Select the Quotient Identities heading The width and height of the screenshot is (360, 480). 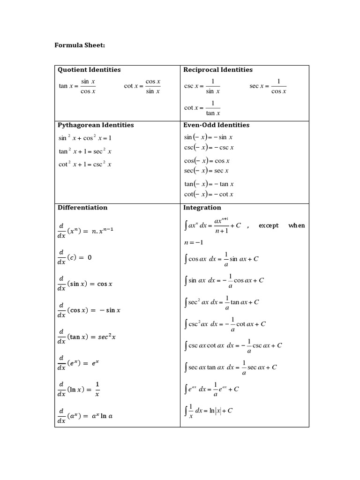coord(89,70)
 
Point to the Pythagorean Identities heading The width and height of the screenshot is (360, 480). coord(96,125)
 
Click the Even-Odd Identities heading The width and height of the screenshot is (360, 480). coord(217,125)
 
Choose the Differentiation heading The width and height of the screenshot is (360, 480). coord(82,208)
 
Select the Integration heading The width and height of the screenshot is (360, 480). coord(202,208)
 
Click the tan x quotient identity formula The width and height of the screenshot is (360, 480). coord(77,86)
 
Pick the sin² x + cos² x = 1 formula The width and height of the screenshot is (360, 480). coord(85,138)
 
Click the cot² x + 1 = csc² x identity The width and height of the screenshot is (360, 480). coord(85,165)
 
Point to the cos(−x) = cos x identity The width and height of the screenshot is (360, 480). coord(207,161)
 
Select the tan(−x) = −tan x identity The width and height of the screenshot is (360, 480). coord(209,184)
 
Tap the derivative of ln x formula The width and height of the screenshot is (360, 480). coord(79,389)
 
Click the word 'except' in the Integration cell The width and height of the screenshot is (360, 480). coord(269,225)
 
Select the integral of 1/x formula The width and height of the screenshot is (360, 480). coord(210,411)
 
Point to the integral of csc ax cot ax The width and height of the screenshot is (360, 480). coord(233,345)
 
